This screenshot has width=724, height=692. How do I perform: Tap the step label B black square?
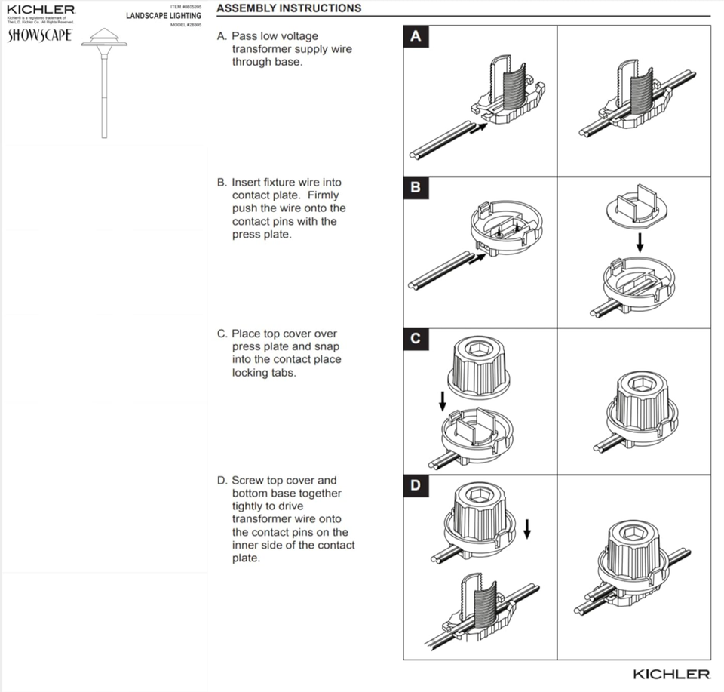coord(416,187)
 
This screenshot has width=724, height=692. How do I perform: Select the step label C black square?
coord(416,339)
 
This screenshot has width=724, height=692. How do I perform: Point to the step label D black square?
coord(416,485)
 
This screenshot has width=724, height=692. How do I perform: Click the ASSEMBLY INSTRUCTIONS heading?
coord(289,8)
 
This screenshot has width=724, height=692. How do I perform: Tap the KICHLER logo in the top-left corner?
coord(41,9)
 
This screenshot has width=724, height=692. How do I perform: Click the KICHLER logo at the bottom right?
coord(670,673)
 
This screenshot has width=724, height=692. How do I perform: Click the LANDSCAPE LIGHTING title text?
coord(164,16)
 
